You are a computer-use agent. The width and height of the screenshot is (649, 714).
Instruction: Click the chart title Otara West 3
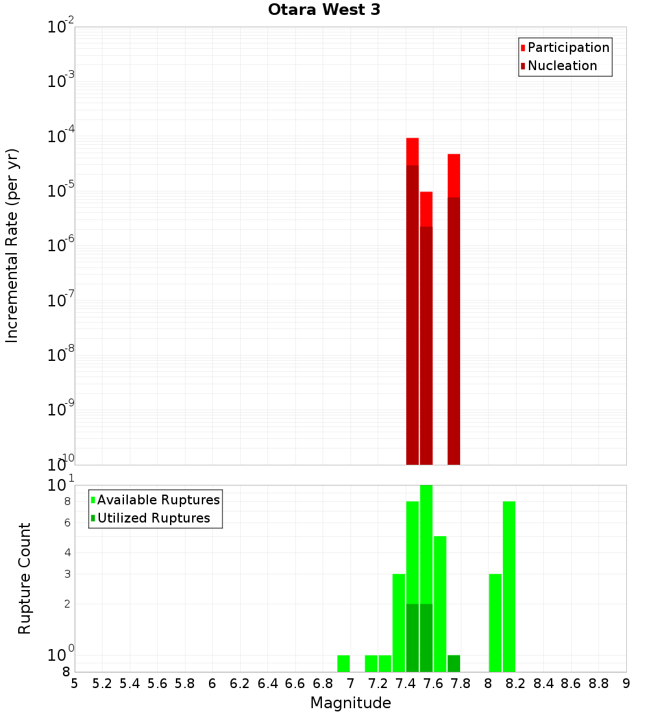point(324,10)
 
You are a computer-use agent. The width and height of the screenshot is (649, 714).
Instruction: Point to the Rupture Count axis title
point(25,578)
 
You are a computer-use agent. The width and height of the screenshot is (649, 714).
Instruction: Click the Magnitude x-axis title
point(350,702)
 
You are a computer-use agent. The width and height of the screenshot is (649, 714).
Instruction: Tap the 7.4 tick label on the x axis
point(406,683)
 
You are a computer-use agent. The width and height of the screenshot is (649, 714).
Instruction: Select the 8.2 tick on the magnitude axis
point(516,683)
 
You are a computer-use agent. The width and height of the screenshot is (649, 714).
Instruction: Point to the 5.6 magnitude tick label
point(157,683)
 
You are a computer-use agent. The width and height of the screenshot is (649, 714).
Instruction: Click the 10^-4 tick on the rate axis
point(61,136)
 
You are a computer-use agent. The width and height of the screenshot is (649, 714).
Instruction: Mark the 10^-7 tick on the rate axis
point(61,301)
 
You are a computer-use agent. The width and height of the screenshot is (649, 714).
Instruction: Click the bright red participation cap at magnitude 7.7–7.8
point(454,175)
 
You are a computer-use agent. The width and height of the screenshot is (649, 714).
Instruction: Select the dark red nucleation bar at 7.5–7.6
point(426,344)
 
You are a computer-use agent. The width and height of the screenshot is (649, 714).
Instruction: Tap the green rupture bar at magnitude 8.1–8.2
point(509,584)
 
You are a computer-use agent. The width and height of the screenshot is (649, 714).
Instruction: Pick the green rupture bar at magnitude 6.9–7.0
point(343,663)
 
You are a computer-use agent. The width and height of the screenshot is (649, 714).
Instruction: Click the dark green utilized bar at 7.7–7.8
point(454,663)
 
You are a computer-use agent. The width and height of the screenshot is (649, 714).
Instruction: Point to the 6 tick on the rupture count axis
point(67,523)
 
